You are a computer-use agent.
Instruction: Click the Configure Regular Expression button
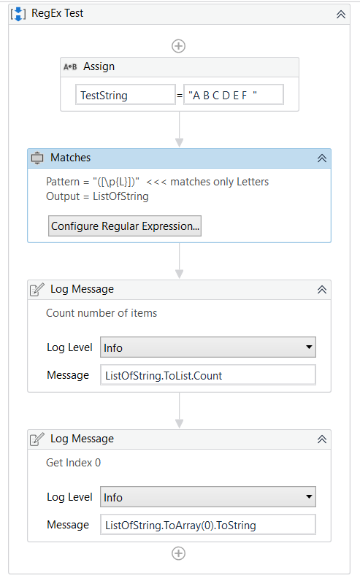(125, 226)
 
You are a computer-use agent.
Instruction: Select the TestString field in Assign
(125, 95)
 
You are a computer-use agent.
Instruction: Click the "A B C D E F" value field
(233, 95)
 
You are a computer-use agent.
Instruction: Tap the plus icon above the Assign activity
(178, 46)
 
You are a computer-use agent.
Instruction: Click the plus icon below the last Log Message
(178, 553)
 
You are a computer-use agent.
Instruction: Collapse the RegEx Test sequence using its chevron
(340, 14)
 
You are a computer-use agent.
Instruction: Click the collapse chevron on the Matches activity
(321, 158)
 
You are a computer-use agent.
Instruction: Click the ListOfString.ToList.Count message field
(207, 375)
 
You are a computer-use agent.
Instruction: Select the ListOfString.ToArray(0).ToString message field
(207, 524)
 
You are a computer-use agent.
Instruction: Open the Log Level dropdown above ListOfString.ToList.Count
(207, 348)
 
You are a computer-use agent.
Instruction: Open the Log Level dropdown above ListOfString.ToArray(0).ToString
(207, 497)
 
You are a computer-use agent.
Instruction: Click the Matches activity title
(70, 158)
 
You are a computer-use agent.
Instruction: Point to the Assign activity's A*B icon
(71, 67)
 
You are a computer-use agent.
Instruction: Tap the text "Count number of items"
(102, 313)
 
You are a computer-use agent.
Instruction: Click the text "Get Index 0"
(73, 463)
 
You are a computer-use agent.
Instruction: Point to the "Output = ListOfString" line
(97, 196)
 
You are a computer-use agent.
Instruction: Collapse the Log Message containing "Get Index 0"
(321, 439)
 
